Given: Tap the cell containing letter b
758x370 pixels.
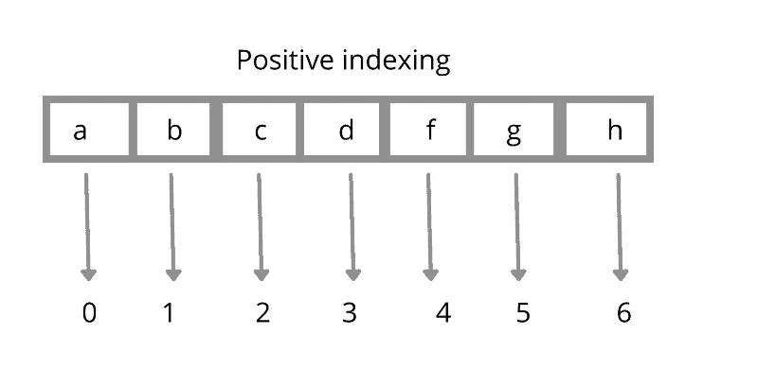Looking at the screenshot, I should click(x=174, y=130).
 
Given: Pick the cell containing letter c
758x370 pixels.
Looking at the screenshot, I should click(x=261, y=130).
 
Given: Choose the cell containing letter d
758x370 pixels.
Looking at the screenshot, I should click(x=346, y=130).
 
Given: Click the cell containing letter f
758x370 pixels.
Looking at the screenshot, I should click(x=430, y=130).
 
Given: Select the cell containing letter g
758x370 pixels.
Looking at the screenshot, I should click(x=514, y=130).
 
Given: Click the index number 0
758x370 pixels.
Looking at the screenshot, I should click(x=89, y=312).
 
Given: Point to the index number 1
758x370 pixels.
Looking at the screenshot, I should click(x=169, y=312).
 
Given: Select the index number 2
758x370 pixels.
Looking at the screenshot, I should click(x=262, y=312).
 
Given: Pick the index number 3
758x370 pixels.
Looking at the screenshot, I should click(x=349, y=312).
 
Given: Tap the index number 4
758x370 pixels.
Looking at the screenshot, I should click(x=442, y=312).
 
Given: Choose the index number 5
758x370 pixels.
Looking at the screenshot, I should click(x=523, y=312).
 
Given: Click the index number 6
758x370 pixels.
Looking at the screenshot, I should click(x=623, y=312).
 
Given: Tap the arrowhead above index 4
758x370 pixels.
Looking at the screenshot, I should click(x=430, y=274).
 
